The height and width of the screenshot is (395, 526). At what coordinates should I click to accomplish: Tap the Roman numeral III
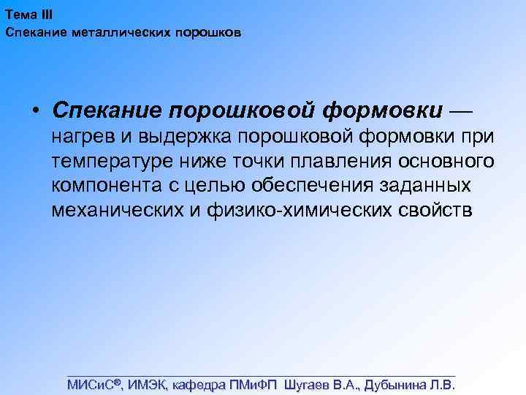tap(45, 15)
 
